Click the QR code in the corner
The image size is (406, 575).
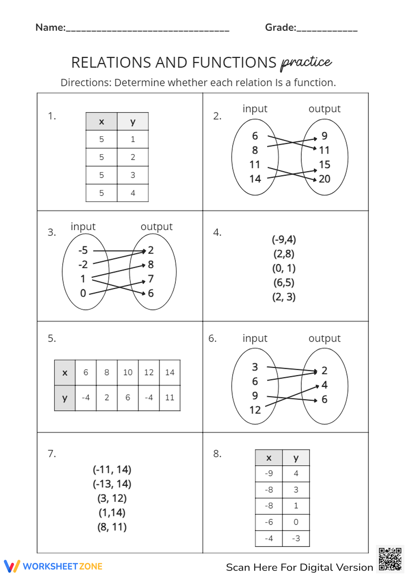coord(390,559)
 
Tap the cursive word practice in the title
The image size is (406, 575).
coord(307,62)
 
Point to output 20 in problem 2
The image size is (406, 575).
coord(324,179)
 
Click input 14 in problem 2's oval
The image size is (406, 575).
coord(255,179)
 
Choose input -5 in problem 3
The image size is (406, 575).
coord(83,250)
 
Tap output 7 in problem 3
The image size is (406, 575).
coord(151,279)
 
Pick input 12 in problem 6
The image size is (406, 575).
coord(255,410)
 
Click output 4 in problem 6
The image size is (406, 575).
coord(324,385)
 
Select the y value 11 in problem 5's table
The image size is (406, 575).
coord(170,398)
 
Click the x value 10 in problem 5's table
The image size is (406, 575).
coord(128,372)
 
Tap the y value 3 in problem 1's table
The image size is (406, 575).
coord(133,175)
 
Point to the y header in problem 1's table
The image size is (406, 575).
coord(133,122)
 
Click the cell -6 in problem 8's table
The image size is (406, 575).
coord(269,522)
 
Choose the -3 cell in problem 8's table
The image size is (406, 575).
coord(296,538)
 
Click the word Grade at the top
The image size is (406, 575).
coord(280,27)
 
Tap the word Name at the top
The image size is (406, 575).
coord(50,27)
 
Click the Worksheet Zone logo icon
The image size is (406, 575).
coord(12,566)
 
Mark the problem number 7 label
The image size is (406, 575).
coord(52,454)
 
